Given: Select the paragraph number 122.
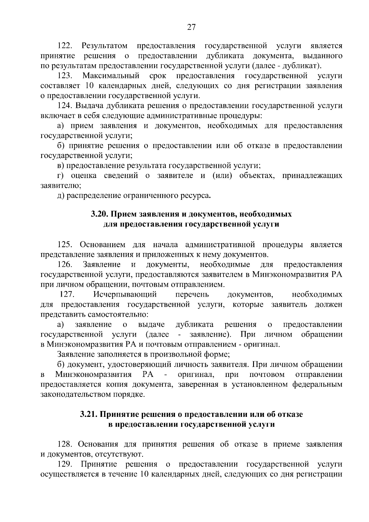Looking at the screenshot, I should click(x=65, y=46).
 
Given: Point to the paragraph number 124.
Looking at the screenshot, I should click(x=65, y=106).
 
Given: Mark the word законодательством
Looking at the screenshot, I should click(x=77, y=394).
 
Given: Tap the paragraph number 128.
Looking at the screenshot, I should click(x=65, y=445).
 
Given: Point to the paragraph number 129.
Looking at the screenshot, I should click(x=65, y=465).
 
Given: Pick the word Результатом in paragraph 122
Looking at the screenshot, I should click(x=105, y=46).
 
